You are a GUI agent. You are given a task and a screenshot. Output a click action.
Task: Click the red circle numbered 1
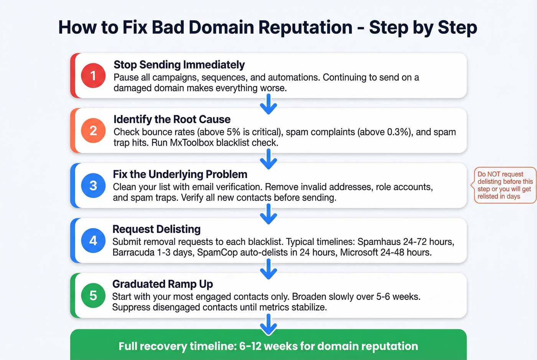pos(93,76)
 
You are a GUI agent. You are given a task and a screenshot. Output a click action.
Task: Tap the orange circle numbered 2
pos(93,131)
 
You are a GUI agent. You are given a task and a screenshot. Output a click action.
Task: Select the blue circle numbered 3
pos(93,186)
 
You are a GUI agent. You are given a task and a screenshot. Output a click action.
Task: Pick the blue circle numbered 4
pos(93,240)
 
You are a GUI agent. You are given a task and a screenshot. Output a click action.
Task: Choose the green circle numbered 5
pos(93,296)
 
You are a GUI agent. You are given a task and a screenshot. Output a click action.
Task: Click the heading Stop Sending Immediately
pos(179,65)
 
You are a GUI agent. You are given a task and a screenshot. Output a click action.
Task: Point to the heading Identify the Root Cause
pos(172,120)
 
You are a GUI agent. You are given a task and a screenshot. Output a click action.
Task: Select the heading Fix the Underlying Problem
pos(180,174)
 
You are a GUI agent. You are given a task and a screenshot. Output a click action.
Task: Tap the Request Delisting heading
pos(156,229)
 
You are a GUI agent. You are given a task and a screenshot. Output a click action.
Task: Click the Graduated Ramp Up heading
pos(163,284)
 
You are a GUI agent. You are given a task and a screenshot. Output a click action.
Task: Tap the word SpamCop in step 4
pos(217,253)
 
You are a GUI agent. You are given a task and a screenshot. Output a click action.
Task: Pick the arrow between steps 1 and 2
pos(268,104)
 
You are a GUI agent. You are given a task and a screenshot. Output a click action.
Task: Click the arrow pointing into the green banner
pos(268,324)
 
